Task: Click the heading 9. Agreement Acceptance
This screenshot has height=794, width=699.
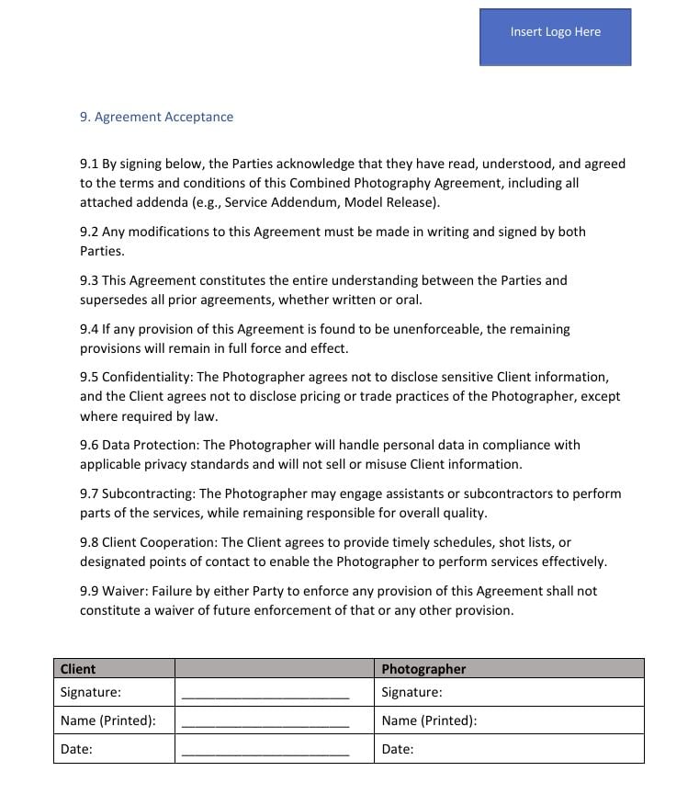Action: coord(156,117)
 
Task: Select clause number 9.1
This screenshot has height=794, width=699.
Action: coord(89,164)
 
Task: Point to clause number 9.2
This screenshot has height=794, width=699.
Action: coord(89,232)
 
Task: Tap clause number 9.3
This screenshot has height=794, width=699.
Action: coord(89,280)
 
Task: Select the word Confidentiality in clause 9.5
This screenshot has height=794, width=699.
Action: coord(147,377)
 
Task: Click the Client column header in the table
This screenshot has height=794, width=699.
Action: coord(78,669)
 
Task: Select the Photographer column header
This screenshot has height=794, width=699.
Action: coord(423,669)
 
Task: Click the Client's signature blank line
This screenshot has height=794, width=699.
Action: coord(265,695)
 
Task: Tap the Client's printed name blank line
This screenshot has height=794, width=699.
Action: coord(265,723)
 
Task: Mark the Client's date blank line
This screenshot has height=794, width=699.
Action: coord(265,752)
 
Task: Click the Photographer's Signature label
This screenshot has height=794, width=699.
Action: coord(412,692)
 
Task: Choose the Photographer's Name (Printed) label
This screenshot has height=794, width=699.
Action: coord(429,720)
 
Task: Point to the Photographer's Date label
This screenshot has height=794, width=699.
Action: coord(398,749)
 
